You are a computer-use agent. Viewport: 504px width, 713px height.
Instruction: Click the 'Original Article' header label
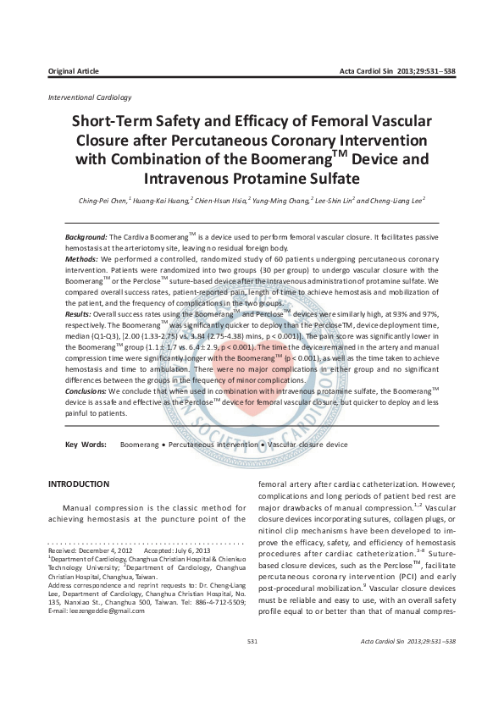coord(74,70)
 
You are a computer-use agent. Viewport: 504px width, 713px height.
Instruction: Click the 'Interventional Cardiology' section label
coord(90,98)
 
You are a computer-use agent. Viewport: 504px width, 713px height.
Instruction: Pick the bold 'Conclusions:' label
coord(87,391)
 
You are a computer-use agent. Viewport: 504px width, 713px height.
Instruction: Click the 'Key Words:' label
coord(86,444)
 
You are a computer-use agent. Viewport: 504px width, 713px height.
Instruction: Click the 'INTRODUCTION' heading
coord(79,484)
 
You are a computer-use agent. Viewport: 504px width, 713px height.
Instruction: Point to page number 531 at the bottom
coord(252,666)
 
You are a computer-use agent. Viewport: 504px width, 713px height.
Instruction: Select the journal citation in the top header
coord(397,70)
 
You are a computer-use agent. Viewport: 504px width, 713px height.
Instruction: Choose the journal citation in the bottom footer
coord(408,666)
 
